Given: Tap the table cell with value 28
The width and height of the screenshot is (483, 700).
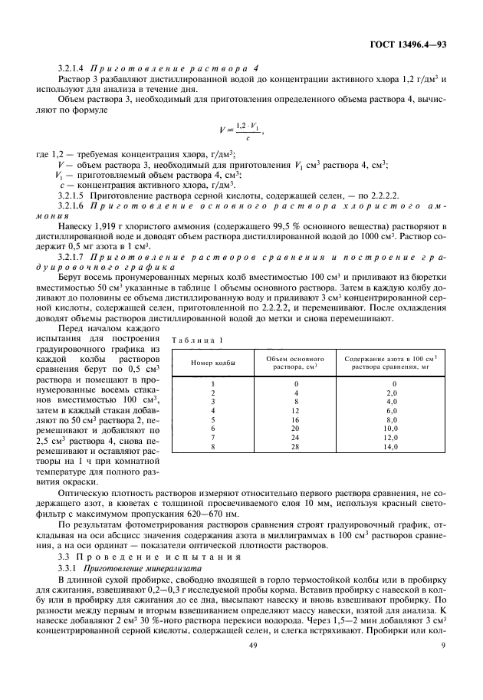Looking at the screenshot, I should click(x=295, y=446).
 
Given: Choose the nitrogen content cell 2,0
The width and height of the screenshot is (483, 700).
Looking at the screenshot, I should click(x=393, y=392).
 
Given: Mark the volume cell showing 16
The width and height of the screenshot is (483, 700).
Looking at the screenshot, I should click(x=295, y=419).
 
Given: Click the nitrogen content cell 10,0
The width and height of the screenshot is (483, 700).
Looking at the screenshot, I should click(x=393, y=429).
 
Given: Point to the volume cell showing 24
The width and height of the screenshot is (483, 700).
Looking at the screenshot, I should click(x=295, y=437).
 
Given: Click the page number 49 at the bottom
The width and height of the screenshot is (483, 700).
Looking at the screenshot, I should click(x=254, y=667).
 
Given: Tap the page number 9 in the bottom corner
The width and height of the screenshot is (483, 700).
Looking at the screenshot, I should click(x=444, y=667).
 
